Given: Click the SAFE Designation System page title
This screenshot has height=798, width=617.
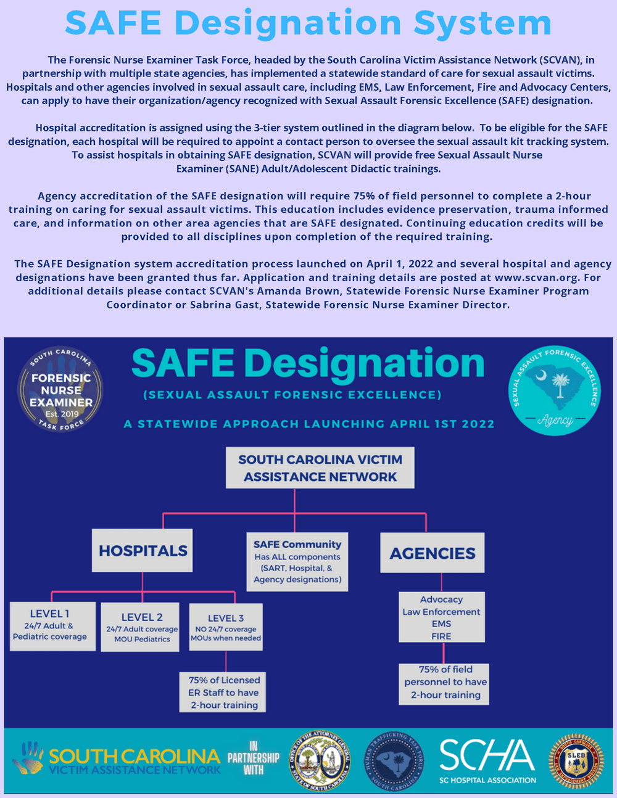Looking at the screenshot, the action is (308, 23).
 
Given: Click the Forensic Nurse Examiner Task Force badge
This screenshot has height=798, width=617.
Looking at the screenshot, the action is (60, 390).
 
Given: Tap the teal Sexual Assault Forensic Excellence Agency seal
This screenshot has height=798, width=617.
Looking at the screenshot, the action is (554, 390).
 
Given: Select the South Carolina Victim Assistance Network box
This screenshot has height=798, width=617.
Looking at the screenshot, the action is (320, 468).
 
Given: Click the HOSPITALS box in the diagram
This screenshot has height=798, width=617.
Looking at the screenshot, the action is (143, 550).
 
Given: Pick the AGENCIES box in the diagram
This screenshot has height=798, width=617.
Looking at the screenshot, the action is (432, 553).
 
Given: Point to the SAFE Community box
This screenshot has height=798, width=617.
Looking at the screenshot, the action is (297, 562).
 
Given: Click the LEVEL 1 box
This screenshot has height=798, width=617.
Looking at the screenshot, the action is (53, 626).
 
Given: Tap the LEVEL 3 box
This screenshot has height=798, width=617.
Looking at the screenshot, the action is (226, 627).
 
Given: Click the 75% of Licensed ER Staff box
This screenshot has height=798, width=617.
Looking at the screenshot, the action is (223, 692).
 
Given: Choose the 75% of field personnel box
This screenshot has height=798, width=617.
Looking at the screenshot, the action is (445, 682).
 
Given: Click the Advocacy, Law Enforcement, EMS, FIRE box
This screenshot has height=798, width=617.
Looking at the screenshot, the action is (441, 617).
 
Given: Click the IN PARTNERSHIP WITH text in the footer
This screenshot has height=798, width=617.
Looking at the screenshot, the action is (253, 759).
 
